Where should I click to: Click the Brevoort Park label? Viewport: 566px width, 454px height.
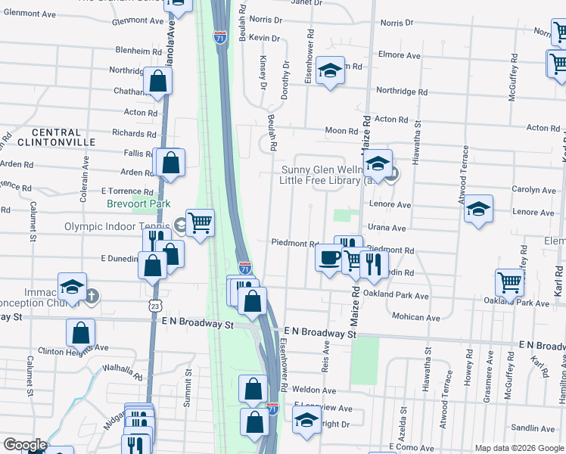pos(138,204)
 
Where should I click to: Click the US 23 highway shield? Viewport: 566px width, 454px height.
pos(155,305)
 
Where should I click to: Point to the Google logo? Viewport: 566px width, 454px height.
pos(25,445)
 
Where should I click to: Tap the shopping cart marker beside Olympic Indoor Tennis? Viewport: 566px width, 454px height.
pos(200,223)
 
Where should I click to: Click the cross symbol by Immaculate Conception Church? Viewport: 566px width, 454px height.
pos(92,295)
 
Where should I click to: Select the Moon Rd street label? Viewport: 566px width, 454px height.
pos(341,131)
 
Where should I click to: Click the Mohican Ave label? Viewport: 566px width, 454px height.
pos(415,317)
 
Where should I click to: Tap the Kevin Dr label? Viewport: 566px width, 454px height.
pos(264,38)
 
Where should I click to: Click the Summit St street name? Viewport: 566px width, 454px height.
pos(188,389)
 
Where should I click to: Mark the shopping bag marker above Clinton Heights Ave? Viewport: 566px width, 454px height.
pos(80,332)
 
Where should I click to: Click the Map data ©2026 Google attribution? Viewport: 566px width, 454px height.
pos(518,447)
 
